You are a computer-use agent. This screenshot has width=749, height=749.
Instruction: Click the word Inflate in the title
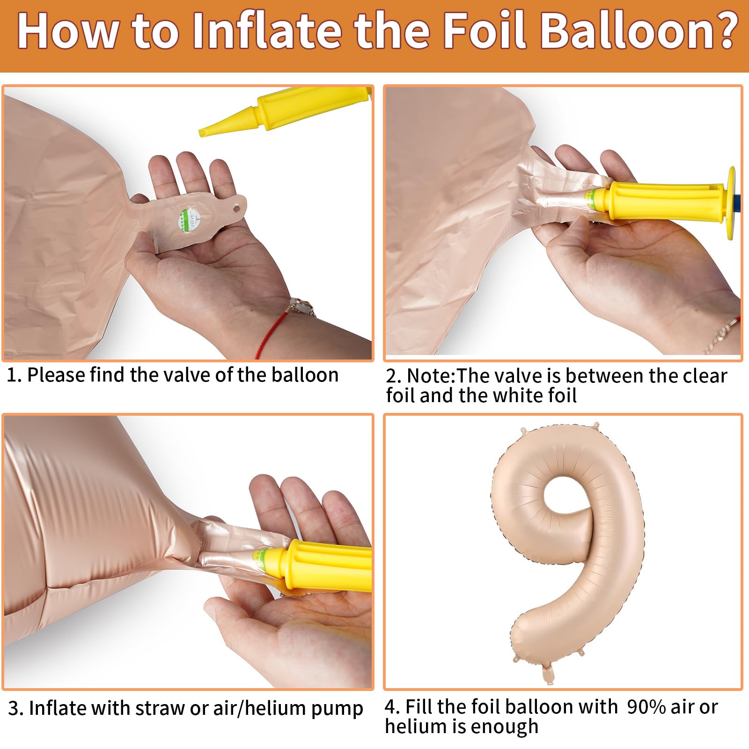click(x=266, y=30)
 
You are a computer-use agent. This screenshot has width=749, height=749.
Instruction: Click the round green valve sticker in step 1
click(x=189, y=220)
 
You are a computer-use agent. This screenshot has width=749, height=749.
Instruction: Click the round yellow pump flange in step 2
click(x=730, y=204)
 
